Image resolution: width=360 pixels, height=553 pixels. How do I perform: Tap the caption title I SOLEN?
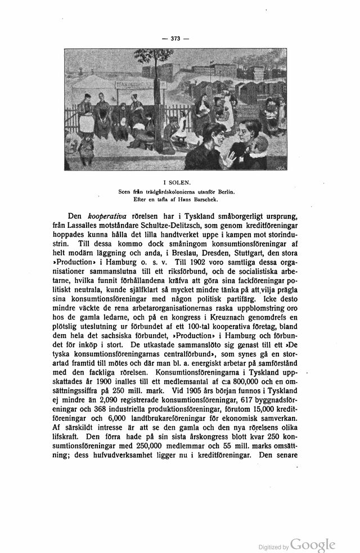(179, 182)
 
